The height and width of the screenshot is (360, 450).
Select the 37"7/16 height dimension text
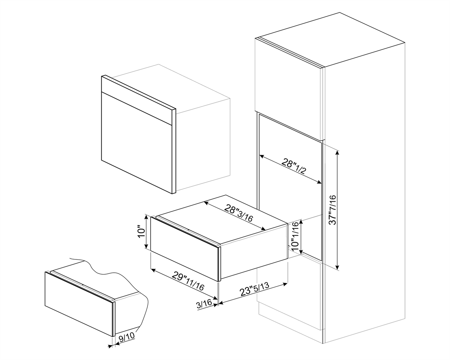pos(333,210)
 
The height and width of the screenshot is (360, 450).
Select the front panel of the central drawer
pos(184,248)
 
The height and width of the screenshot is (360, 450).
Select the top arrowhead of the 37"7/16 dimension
pos(338,152)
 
